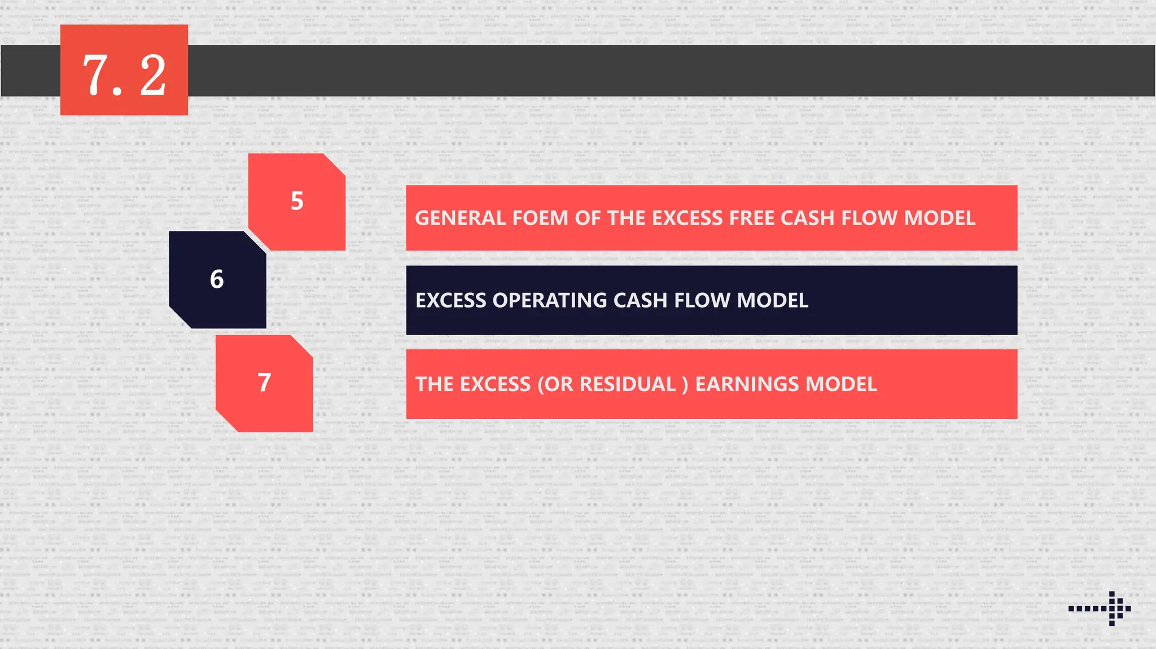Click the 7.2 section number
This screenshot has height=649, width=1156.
point(124,74)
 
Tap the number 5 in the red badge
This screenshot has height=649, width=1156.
point(297,201)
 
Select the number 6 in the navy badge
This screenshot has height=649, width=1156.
point(217,279)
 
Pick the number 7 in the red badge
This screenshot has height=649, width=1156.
point(264,383)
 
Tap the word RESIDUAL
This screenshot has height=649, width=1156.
point(628,384)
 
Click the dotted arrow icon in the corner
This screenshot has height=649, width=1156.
point(1100,608)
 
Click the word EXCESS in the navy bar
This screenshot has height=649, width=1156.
point(450,300)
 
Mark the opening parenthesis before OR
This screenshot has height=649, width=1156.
point(541,384)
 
